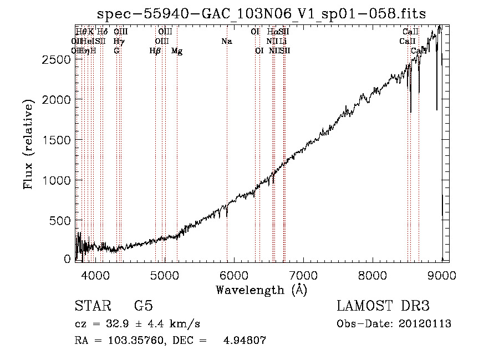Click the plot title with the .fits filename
(262, 14)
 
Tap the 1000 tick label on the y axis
(57, 180)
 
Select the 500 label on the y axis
(61, 221)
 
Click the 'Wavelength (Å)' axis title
(261, 290)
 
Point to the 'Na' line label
(226, 41)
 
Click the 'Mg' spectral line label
(177, 50)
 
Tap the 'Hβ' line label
(155, 50)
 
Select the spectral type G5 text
(143, 306)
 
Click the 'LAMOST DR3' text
(383, 306)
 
